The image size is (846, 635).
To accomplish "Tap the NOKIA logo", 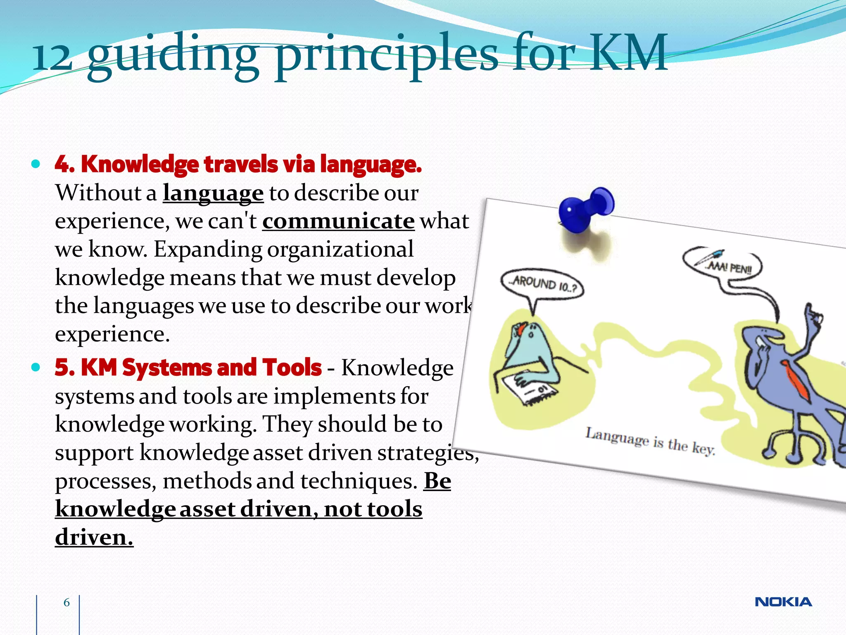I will [783, 602].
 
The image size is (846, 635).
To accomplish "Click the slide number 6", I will [67, 602].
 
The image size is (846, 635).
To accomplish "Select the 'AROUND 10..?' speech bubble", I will [542, 284].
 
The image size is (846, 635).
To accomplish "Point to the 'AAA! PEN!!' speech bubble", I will [722, 265].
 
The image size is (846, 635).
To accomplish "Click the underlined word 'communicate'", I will [338, 221].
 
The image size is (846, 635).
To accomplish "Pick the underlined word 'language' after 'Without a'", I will [213, 193].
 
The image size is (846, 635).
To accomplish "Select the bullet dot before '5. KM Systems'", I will [36, 367].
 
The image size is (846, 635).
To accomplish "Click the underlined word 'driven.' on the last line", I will [94, 537].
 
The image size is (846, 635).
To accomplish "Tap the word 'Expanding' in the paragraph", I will [208, 249].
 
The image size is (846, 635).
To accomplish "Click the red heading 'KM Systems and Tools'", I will [201, 367].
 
